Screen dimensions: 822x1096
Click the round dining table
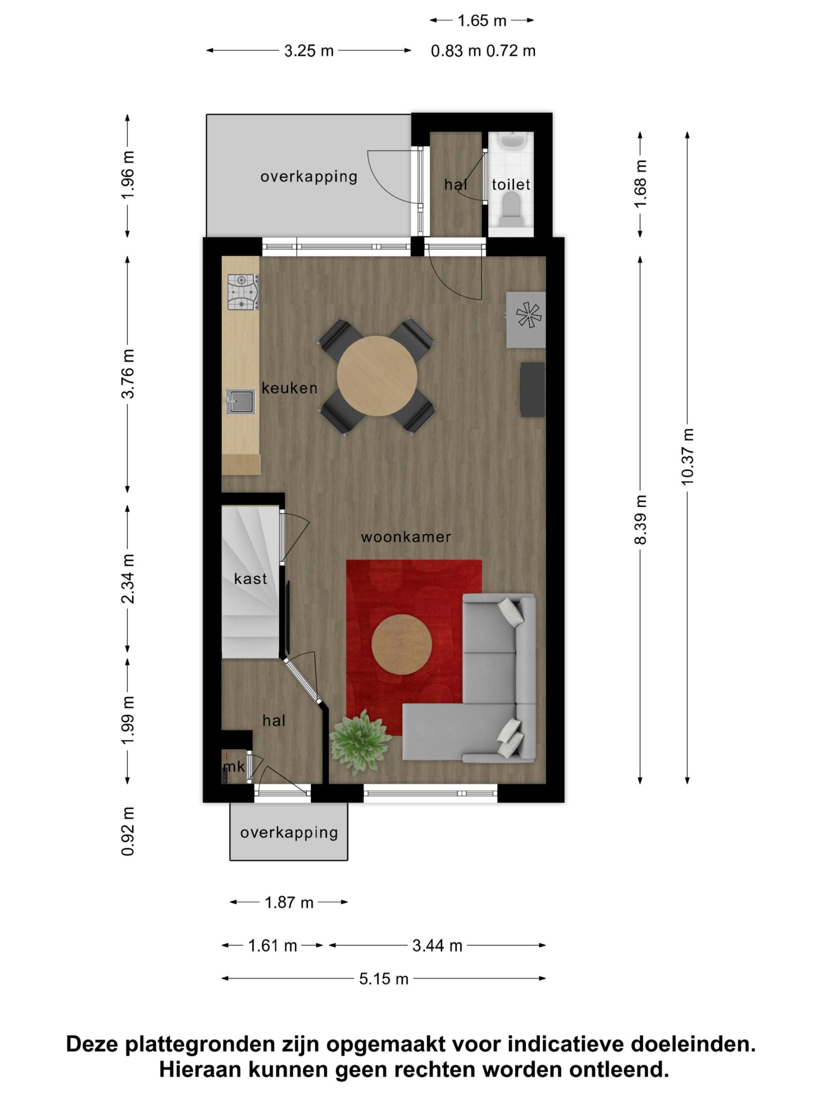tap(377, 375)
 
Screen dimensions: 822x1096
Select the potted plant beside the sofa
tap(359, 741)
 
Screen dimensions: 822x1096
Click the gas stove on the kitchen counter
tap(243, 292)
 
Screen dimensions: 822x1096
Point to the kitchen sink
tap(241, 401)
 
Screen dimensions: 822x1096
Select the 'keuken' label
tap(289, 388)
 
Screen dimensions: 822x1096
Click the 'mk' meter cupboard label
tap(233, 767)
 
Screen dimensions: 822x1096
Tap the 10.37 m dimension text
tap(687, 456)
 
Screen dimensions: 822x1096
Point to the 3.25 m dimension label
tap(309, 51)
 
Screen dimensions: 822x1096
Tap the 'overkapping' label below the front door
tap(289, 832)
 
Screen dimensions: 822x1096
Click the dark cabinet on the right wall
tap(532, 390)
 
